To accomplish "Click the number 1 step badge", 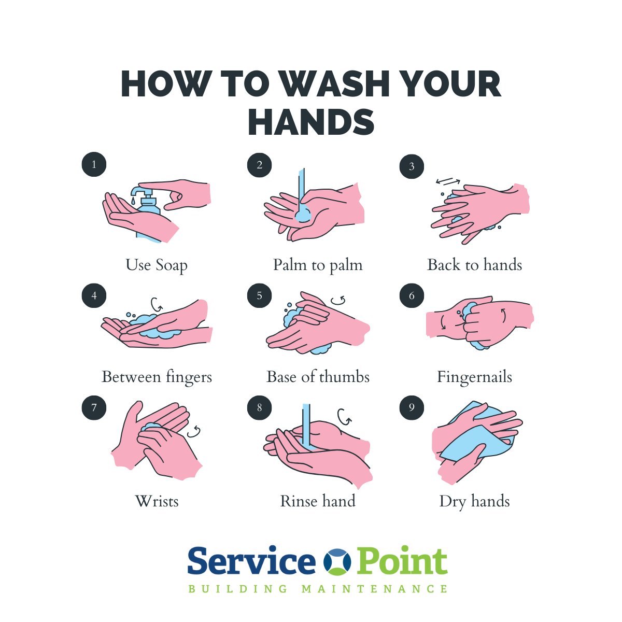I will tap(94, 165).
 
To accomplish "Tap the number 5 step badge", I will tap(259, 296).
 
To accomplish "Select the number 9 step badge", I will tap(412, 407).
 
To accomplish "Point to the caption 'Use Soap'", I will tap(157, 265).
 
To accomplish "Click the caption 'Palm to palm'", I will tap(318, 265).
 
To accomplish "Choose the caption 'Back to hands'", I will tap(474, 265).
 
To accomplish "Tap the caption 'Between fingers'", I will tap(157, 377).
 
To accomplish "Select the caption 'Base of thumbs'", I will tap(318, 377).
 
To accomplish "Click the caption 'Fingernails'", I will tap(474, 377).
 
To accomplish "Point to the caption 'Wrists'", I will tap(157, 501).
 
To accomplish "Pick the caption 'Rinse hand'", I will tap(318, 501).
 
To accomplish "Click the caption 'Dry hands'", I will tap(474, 501).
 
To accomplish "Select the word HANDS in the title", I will tap(311, 122).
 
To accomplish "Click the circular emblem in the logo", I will tap(337, 562).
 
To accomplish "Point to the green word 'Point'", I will tap(402, 562).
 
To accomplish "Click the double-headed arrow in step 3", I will tap(448, 181).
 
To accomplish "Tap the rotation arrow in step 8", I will tap(344, 416).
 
